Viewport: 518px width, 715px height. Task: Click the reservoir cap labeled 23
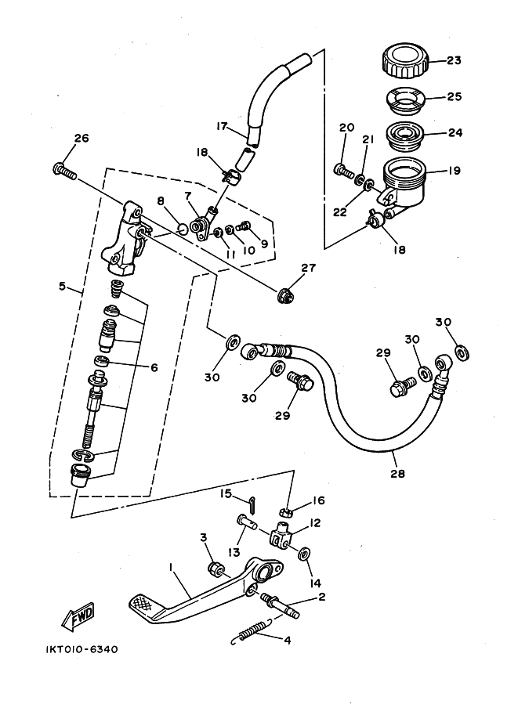coord(405,60)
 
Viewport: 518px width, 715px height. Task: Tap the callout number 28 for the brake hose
coord(397,474)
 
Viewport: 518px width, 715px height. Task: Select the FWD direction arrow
coord(78,616)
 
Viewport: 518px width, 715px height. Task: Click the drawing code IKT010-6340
coord(82,649)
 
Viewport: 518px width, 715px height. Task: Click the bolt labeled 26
coord(65,171)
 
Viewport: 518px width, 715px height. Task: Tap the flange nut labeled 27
coord(286,296)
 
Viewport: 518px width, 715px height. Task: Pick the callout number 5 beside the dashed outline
coord(63,287)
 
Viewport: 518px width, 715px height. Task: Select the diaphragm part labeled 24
coord(405,133)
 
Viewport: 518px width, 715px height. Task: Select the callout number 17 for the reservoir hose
coord(222,126)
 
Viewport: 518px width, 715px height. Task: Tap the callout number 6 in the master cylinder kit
coord(154,367)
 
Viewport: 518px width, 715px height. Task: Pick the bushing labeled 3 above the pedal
coord(216,569)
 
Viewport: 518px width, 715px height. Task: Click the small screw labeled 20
coord(344,172)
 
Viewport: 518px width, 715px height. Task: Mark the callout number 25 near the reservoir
coord(454,96)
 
